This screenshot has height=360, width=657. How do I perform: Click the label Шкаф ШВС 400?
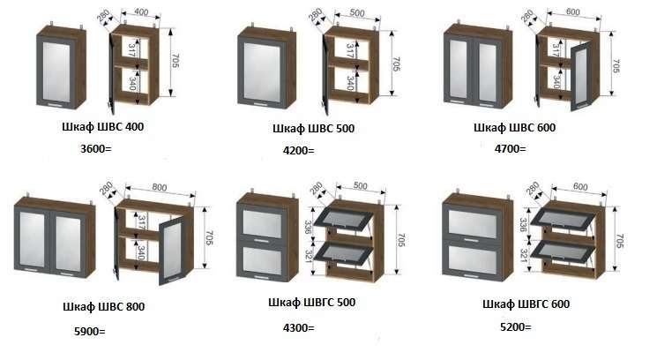click(x=102, y=127)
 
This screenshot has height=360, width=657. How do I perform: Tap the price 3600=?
click(x=96, y=149)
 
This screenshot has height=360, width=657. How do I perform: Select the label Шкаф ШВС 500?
click(x=313, y=129)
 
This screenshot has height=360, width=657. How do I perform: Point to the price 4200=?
click(x=298, y=150)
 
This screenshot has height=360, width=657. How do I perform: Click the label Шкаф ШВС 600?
click(x=514, y=127)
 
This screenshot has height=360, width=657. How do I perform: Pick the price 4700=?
click(x=510, y=148)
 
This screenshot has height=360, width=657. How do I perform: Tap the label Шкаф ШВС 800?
click(x=103, y=307)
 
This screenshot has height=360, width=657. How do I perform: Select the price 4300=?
click(x=298, y=327)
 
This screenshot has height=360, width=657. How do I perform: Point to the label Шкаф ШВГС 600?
click(x=526, y=304)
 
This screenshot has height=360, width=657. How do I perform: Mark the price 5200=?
click(x=515, y=327)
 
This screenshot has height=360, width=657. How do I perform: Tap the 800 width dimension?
click(x=159, y=188)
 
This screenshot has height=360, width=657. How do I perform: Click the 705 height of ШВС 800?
click(x=209, y=237)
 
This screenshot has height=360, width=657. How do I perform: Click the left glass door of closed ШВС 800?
click(x=37, y=243)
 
